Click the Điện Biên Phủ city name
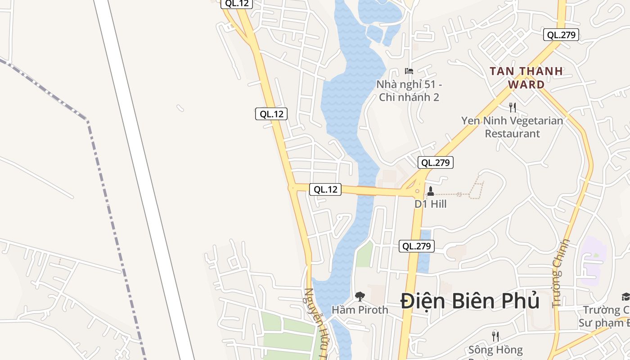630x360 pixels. (470, 301)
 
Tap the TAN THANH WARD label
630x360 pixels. (526, 77)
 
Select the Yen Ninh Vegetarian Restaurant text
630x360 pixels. (512, 127)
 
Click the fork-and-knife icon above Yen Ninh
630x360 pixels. (512, 107)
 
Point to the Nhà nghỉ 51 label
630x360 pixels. (409, 90)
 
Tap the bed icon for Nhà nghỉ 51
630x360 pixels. (409, 71)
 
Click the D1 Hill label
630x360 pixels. (430, 204)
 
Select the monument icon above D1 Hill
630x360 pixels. (430, 191)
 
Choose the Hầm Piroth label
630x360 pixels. (360, 310)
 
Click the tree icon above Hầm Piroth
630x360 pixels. (360, 296)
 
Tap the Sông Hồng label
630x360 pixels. (495, 350)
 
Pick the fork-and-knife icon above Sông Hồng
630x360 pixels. (495, 336)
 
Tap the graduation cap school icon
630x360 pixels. (625, 296)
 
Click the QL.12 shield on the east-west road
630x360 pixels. (325, 189)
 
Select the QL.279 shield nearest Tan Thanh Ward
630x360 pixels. (561, 35)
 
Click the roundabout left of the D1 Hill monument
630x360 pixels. (418, 191)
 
